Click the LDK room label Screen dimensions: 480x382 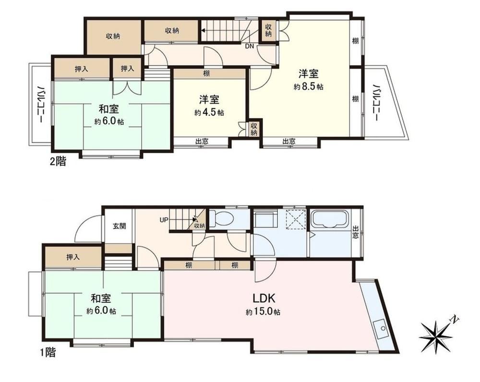(264, 298)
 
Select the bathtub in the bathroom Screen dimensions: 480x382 (329, 219)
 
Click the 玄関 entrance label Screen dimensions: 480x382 (120, 226)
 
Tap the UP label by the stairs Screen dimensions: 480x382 (164, 219)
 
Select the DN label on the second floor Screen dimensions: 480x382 (250, 46)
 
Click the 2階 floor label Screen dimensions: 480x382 (58, 161)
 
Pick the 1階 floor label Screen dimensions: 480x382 (48, 353)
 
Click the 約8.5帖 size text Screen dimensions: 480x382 (308, 87)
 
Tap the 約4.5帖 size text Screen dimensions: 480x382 (209, 113)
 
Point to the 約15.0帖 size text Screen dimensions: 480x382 (263, 313)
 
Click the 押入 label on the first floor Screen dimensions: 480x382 (73, 257)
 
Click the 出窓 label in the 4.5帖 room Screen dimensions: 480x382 (202, 141)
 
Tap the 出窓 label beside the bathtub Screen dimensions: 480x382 (355, 232)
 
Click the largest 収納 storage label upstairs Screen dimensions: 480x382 (113, 36)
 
